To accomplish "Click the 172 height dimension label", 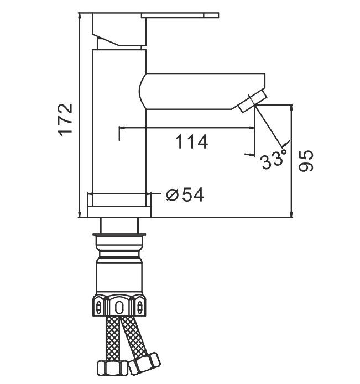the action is (x=65, y=120).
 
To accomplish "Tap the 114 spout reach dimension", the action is (x=192, y=142).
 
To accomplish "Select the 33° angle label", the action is (x=274, y=159).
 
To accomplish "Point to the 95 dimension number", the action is (x=306, y=161).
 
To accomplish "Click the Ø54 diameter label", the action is (x=185, y=195).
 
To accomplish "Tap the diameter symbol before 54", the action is (x=172, y=195).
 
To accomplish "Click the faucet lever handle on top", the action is (x=155, y=29).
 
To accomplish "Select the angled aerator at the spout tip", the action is (x=252, y=101).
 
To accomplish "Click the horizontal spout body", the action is (x=202, y=91).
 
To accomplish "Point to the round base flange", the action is (x=119, y=212).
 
